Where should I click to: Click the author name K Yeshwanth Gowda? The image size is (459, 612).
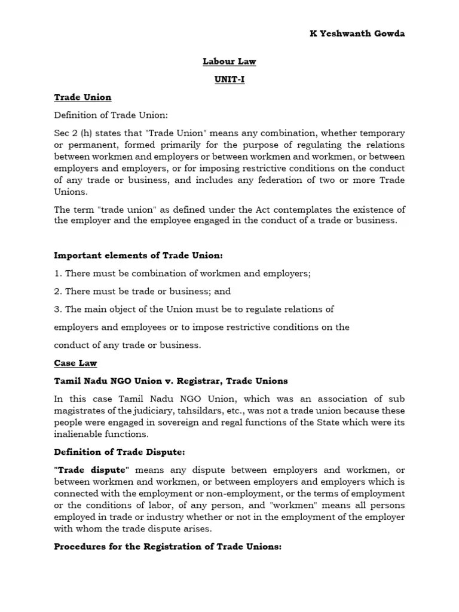pyautogui.click(x=357, y=33)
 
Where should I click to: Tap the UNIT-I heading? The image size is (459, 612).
pyautogui.click(x=229, y=79)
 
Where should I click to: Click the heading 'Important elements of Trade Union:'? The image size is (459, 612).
pyautogui.click(x=138, y=255)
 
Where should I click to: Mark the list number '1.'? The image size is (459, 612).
pyautogui.click(x=58, y=273)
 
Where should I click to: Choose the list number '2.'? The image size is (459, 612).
pyautogui.click(x=58, y=291)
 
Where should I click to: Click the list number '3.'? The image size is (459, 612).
pyautogui.click(x=58, y=309)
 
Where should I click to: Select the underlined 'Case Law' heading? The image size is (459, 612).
pyautogui.click(x=75, y=363)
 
